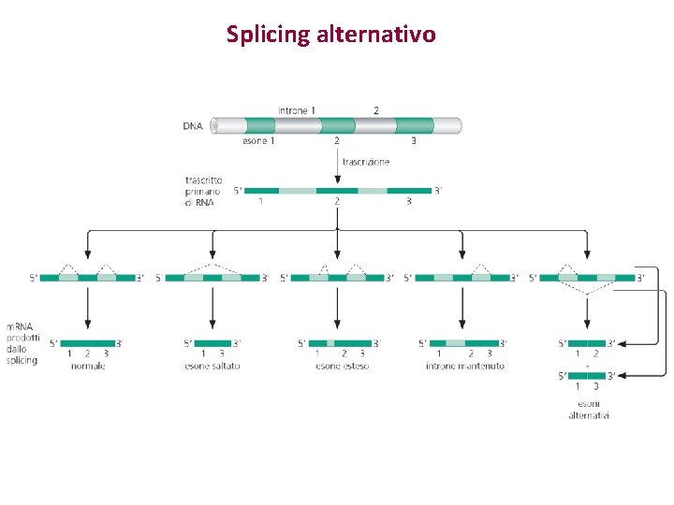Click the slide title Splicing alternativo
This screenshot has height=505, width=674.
click(x=330, y=35)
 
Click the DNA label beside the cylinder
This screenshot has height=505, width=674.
click(x=194, y=125)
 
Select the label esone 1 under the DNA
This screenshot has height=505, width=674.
click(x=258, y=141)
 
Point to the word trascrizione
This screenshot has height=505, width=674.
click(x=365, y=162)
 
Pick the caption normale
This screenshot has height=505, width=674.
click(x=88, y=366)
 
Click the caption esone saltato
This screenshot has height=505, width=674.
click(x=212, y=366)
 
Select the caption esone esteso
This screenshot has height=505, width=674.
click(x=342, y=366)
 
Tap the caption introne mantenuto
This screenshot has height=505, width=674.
click(x=465, y=366)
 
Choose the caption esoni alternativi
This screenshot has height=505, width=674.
click(x=588, y=410)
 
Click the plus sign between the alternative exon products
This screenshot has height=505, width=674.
click(x=588, y=365)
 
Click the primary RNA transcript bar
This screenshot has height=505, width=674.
click(x=337, y=190)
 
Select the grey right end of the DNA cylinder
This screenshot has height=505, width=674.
click(x=448, y=125)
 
